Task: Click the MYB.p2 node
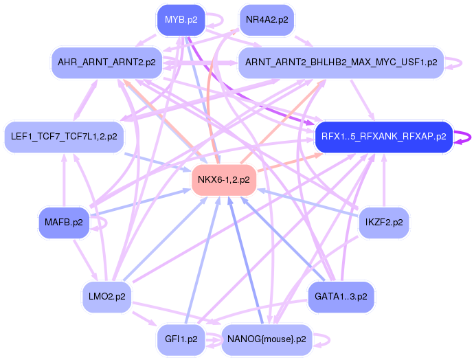click(x=181, y=20)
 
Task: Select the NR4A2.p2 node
click(x=267, y=20)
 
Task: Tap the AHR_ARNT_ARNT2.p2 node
click(x=106, y=63)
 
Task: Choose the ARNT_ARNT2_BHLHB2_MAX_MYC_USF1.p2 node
click(x=341, y=63)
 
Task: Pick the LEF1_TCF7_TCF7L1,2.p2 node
click(x=64, y=137)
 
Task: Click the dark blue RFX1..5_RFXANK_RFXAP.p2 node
click(x=383, y=137)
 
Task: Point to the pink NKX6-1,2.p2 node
click(x=224, y=180)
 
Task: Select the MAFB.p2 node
click(x=64, y=223)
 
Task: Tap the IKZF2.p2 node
click(x=384, y=223)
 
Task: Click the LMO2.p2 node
click(x=106, y=297)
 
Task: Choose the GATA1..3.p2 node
click(x=341, y=297)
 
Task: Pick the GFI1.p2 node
click(x=181, y=339)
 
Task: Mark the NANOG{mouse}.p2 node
click(x=267, y=339)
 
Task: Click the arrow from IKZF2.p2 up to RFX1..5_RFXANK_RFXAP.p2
click(x=384, y=180)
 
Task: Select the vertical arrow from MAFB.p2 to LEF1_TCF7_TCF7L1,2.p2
click(x=64, y=180)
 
